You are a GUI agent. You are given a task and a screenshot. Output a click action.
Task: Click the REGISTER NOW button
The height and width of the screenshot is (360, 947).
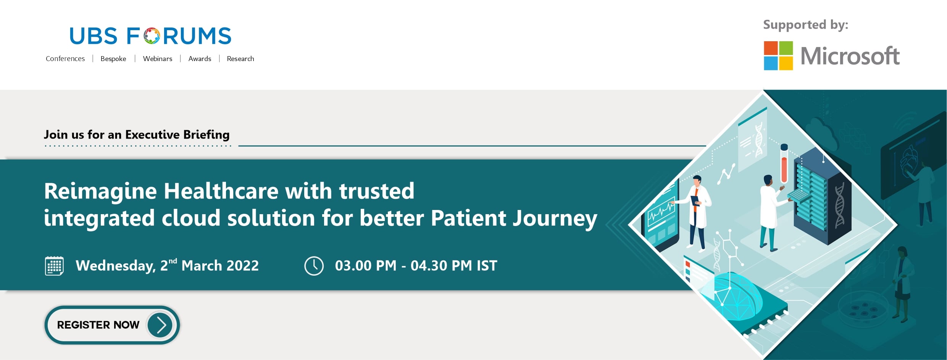pos(112,325)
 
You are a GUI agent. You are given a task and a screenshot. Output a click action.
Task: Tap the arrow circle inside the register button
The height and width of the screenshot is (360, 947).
pos(160,325)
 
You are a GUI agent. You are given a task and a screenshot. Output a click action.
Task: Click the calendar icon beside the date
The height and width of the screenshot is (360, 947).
pos(54,266)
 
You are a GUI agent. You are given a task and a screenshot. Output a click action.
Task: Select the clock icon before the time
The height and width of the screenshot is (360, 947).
pos(314,266)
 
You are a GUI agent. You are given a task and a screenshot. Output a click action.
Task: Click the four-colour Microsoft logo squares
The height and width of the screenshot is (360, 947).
pos(778,56)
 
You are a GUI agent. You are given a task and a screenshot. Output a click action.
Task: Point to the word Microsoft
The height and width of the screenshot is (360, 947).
pos(850,56)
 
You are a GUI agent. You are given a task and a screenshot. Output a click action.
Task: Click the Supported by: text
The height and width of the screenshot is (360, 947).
pos(805,25)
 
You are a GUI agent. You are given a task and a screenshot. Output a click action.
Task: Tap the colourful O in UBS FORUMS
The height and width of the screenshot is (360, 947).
pos(152,36)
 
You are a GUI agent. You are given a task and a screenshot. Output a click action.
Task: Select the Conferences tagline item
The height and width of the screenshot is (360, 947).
pos(65,59)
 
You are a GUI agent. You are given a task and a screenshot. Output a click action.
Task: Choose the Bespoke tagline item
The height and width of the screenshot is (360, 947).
pos(113,59)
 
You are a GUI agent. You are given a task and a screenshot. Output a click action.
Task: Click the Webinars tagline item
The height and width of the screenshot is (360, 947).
pos(158,59)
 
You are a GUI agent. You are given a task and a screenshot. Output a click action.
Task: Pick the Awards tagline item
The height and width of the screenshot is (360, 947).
pos(200,59)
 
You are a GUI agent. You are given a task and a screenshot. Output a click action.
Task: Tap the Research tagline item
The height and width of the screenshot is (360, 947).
pos(240,59)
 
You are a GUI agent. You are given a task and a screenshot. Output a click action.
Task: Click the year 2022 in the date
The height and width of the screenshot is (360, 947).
pos(243,266)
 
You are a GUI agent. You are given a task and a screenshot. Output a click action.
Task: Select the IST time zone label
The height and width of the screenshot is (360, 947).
pos(487,266)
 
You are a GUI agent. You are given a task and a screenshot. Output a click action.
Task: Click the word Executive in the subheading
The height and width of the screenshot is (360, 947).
pos(152,134)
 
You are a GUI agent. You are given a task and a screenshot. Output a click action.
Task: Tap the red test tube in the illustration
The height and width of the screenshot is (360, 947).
pos(784,163)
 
